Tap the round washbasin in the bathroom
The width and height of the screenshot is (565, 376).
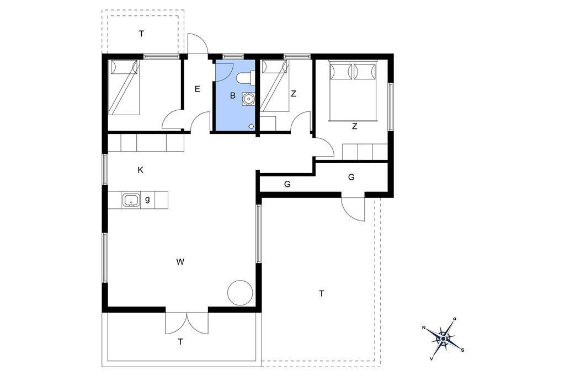point(248,99)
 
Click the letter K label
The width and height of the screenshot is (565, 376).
point(141,170)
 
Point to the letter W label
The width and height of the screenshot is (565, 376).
point(180,262)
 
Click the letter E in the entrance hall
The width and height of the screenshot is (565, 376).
point(197,89)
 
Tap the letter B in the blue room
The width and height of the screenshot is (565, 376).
point(233,95)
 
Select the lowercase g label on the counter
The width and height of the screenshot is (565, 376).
point(147,199)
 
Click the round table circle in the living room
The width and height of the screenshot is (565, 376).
point(239,292)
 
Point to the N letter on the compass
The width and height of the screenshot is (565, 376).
point(424,327)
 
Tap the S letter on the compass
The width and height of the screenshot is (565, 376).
point(462,350)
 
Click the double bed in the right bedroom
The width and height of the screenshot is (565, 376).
point(353,90)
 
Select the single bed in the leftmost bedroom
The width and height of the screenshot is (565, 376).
point(124,87)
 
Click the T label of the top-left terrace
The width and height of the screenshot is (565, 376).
point(142,34)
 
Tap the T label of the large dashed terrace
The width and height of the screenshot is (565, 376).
point(322,293)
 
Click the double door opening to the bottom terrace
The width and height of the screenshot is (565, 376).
point(186,323)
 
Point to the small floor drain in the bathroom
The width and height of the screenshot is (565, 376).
point(251,126)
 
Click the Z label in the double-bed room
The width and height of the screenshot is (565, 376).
point(355,126)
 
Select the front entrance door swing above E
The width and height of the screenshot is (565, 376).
point(198,43)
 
